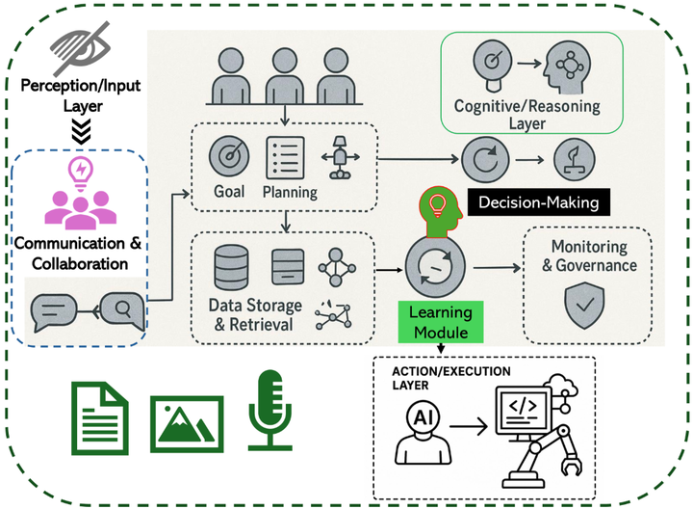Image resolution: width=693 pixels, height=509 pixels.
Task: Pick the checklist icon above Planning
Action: [285, 155]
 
